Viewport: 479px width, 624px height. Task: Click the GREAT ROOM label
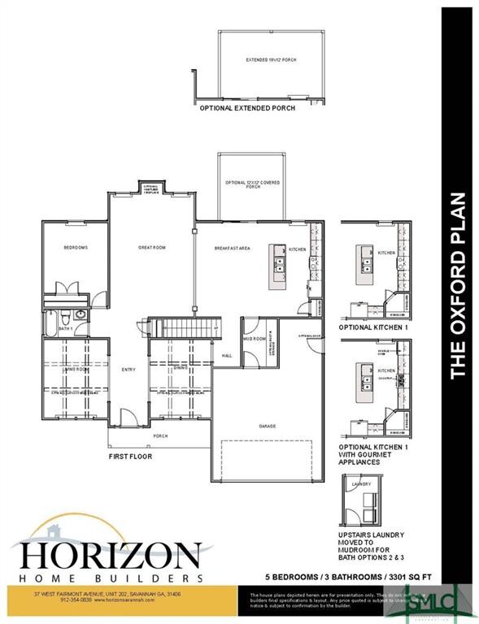(x=151, y=248)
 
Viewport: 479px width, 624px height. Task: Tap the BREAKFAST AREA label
(x=231, y=248)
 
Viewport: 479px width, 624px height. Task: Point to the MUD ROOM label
(x=254, y=339)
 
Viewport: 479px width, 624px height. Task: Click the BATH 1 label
(x=66, y=328)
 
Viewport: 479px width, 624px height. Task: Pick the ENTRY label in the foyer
(x=128, y=370)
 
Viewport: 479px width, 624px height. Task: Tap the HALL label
(x=227, y=355)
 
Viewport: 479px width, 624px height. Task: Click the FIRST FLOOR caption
(x=130, y=457)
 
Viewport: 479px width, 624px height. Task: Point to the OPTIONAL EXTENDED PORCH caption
(x=247, y=107)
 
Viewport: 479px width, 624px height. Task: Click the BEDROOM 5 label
(x=75, y=247)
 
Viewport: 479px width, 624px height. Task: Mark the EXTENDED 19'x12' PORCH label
(x=271, y=60)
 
